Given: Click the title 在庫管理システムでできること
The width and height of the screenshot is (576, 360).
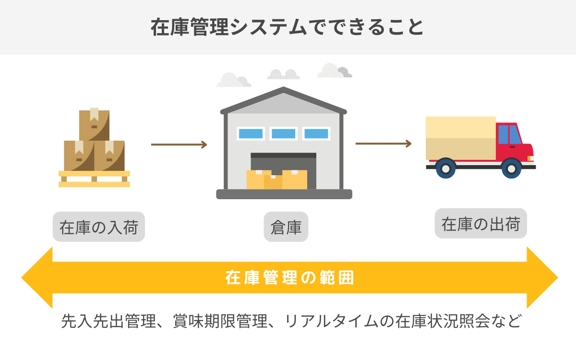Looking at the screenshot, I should [288, 27].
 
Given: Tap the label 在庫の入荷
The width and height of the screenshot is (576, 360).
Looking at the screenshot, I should [99, 227].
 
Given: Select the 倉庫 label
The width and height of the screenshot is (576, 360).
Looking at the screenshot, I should [286, 227].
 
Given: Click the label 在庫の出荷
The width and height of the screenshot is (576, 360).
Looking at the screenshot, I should [480, 224].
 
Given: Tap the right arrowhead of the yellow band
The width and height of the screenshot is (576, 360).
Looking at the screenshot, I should [542, 277].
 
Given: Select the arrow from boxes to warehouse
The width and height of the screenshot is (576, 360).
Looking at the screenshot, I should [179, 144].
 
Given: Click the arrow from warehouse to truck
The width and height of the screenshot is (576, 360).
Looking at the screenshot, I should [383, 144].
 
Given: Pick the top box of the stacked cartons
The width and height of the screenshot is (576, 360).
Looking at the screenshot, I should [94, 124].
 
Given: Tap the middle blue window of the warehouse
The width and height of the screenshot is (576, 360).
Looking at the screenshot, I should [283, 133].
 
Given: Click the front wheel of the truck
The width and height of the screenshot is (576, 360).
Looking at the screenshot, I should [511, 168].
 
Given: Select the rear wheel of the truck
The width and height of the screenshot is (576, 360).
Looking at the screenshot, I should [446, 168].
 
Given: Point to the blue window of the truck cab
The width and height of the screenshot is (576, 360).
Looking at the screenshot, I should [509, 134].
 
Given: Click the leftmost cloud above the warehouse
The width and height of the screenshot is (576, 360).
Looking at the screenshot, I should [232, 81].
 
